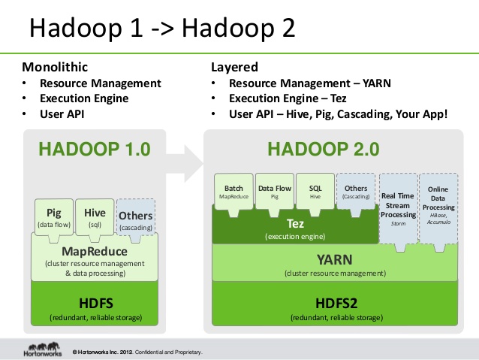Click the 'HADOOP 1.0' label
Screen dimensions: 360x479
(x=95, y=148)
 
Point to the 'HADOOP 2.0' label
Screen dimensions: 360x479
(x=333, y=148)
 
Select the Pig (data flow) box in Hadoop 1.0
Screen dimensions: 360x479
(x=53, y=217)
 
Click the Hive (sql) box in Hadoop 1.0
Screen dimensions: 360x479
(x=95, y=217)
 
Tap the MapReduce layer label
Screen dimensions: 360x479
(x=94, y=251)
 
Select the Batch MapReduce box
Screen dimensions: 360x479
(x=233, y=192)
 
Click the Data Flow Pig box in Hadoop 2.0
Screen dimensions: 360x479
(x=275, y=192)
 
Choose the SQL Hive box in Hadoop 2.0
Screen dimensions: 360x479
(x=315, y=192)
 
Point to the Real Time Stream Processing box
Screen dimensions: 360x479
(x=398, y=206)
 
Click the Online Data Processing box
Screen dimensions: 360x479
(x=438, y=206)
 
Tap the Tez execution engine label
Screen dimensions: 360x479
(x=295, y=228)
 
